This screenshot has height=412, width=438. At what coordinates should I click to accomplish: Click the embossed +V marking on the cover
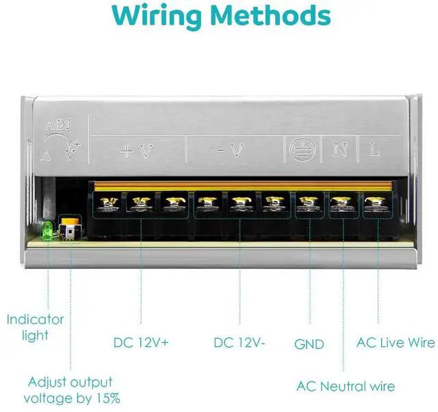(137, 151)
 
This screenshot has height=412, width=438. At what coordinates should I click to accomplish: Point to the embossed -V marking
(231, 151)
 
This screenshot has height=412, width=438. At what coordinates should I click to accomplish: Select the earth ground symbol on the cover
(302, 151)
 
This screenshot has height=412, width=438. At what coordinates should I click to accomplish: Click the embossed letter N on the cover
(340, 150)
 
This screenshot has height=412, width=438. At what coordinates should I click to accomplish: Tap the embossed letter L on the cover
(374, 150)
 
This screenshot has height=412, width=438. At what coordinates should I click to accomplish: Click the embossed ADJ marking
(58, 125)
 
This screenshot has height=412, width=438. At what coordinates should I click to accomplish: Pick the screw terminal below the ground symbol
(309, 203)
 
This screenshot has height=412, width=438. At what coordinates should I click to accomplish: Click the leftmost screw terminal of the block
(109, 203)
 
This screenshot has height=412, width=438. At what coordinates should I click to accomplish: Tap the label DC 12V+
(141, 342)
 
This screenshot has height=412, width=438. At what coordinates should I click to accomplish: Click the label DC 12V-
(240, 342)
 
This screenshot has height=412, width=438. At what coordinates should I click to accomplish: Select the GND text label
(309, 344)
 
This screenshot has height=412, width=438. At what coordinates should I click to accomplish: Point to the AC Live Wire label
(396, 342)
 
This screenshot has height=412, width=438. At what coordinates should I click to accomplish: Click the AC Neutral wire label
(346, 387)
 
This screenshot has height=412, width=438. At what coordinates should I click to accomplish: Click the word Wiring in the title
(157, 15)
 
